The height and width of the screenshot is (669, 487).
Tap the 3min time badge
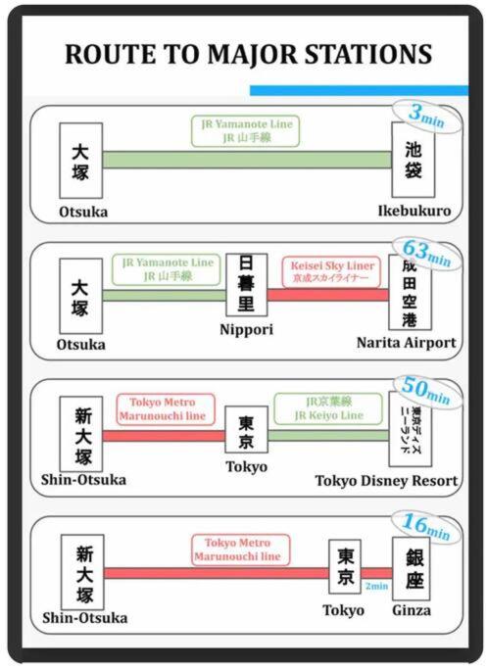pyautogui.click(x=427, y=116)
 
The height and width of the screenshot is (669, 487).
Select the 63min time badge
pyautogui.click(x=427, y=254)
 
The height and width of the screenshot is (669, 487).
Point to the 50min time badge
pyautogui.click(x=426, y=391)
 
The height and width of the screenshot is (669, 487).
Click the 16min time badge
pyautogui.click(x=426, y=528)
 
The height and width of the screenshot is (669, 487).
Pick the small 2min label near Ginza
pyautogui.click(x=376, y=586)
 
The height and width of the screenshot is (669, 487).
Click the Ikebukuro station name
pyautogui.click(x=414, y=211)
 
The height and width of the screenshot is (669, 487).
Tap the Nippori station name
pyautogui.click(x=246, y=330)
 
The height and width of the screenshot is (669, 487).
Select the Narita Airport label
pyautogui.click(x=407, y=343)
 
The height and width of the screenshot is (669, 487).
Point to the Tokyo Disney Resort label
pyautogui.click(x=386, y=481)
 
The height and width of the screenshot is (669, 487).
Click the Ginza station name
pyautogui.click(x=412, y=611)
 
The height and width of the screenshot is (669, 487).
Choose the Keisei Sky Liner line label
pyautogui.click(x=331, y=271)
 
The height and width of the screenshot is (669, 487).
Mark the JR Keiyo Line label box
pyautogui.click(x=328, y=408)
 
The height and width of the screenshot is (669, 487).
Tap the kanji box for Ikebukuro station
pyautogui.click(x=414, y=160)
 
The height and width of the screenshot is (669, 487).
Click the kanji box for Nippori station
pyautogui.click(x=246, y=285)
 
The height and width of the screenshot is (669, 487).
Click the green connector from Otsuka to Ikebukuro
pyautogui.click(x=247, y=160)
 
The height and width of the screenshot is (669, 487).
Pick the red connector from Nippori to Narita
pyautogui.click(x=328, y=295)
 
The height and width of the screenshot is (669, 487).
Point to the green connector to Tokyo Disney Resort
pyautogui.click(x=328, y=436)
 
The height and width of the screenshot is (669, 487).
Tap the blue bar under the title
pyautogui.click(x=359, y=90)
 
